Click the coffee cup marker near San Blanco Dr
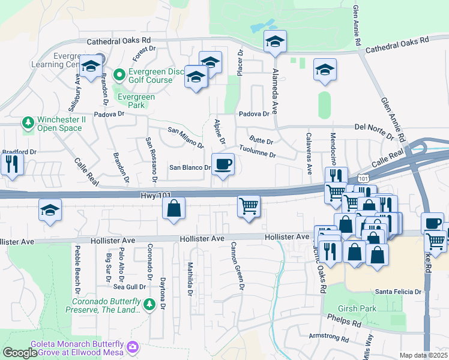[223, 164]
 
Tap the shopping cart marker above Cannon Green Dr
[249, 206]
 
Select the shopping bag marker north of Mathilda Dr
[173, 209]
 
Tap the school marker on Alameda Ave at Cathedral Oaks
[275, 41]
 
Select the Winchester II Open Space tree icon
[28, 123]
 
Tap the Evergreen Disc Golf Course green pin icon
[119, 75]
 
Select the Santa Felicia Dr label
[399, 292]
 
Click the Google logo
[20, 353]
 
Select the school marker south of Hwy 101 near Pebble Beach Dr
[50, 211]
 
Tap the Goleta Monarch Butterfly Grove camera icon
[133, 347]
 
